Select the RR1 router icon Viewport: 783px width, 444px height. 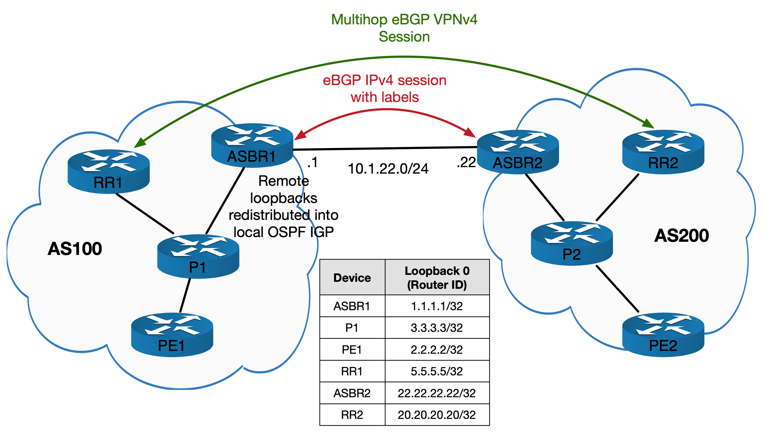tap(108, 171)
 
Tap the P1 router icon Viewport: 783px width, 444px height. tap(198, 256)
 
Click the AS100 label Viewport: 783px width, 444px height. tap(75, 249)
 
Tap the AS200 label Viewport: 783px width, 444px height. tap(682, 236)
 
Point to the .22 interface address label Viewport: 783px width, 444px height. tap(466, 162)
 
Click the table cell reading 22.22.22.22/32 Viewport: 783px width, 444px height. tap(436, 393)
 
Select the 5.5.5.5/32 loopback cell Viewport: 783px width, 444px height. tap(436, 371)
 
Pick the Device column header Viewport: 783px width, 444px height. tap(352, 278)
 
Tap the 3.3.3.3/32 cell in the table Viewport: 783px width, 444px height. tap(436, 328)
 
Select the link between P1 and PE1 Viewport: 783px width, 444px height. tap(185, 295)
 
